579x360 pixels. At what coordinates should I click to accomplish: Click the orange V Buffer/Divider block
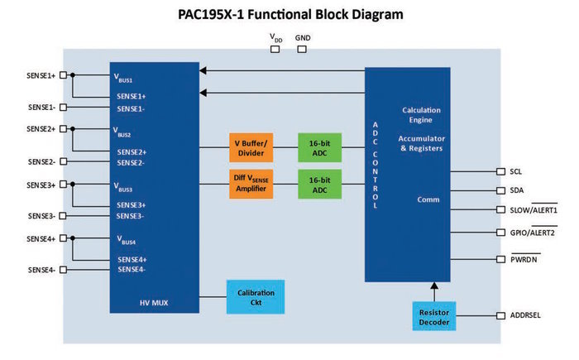251,148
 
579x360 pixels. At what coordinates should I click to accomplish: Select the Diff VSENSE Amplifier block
251,184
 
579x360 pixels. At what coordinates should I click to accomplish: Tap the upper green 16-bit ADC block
320,148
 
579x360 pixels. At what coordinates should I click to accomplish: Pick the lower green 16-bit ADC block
320,184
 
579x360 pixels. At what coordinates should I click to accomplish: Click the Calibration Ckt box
256,297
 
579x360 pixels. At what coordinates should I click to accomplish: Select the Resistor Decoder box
434,316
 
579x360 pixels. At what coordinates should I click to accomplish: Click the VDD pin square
275,49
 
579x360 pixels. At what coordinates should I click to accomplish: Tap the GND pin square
302,49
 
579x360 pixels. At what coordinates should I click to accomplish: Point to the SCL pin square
500,171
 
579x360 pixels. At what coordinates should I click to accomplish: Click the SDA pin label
517,190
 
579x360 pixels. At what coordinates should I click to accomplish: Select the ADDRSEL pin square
500,315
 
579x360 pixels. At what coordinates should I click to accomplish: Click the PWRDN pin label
524,259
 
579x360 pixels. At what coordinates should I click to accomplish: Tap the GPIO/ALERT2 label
533,233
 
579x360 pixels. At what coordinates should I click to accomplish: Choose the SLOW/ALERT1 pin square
500,209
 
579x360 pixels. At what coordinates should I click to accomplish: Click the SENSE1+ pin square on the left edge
64,75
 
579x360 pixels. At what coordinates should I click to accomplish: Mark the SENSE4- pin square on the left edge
64,270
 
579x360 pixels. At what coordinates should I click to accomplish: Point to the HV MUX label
154,303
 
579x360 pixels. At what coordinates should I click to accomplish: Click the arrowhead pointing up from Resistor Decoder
434,286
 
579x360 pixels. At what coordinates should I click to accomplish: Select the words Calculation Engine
421,115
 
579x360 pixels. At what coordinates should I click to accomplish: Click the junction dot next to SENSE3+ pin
73,184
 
